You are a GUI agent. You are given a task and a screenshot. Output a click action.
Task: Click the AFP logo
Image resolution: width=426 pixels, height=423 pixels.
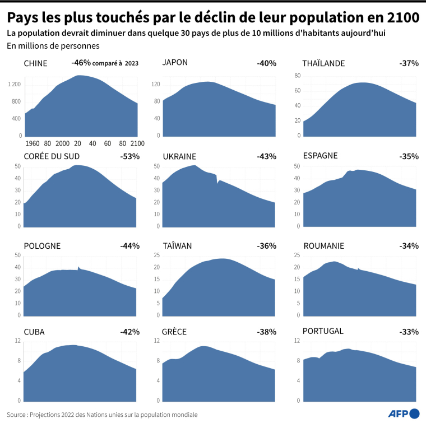(x=404, y=413)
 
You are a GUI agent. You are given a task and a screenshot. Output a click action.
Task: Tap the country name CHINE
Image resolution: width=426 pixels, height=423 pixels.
(x=35, y=63)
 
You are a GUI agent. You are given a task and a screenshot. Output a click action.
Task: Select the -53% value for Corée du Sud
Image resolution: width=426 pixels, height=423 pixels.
(x=129, y=156)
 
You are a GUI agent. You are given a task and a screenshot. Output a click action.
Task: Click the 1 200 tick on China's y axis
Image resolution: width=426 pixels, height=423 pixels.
(x=14, y=84)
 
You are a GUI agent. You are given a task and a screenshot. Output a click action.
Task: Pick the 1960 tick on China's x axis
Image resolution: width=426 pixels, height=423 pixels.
(x=32, y=143)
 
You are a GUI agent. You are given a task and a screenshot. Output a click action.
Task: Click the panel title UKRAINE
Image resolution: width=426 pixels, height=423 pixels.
(x=179, y=156)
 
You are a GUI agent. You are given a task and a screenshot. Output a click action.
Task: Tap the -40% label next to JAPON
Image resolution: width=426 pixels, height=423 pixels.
(x=266, y=63)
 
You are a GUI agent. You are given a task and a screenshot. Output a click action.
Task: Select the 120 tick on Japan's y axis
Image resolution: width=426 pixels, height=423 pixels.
(x=156, y=84)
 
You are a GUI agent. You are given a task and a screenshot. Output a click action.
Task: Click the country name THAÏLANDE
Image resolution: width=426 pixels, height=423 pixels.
(x=323, y=63)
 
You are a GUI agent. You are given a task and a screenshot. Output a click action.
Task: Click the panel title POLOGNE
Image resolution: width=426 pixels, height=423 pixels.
(x=42, y=245)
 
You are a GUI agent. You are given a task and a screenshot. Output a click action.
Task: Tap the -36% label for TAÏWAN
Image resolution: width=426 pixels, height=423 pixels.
(x=266, y=245)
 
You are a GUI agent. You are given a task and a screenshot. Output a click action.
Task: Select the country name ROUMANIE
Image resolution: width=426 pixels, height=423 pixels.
(x=323, y=245)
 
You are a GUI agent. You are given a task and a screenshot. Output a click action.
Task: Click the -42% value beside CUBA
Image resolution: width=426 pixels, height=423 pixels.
(x=129, y=332)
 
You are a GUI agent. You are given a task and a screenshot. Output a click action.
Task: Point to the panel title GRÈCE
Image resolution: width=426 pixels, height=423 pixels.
(x=174, y=332)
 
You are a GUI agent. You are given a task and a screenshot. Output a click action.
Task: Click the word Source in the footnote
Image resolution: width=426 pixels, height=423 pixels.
(x=17, y=415)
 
